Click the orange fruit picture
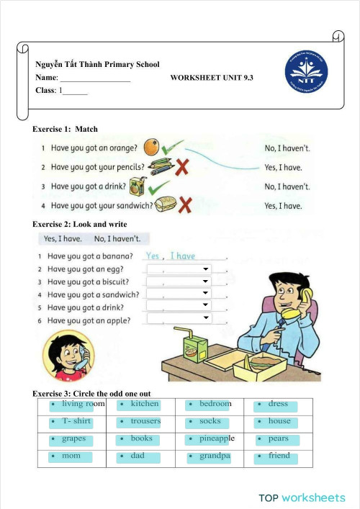coord(151,148)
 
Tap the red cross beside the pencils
coord(183,167)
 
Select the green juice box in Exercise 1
coord(137,187)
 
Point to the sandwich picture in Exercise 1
coord(165,205)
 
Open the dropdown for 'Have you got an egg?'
coord(179,269)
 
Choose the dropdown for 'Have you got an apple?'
coord(179,317)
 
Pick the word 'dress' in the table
coord(277,404)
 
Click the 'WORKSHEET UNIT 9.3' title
coord(212,76)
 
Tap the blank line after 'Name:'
coord(94,78)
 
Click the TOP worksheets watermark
coord(302,497)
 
